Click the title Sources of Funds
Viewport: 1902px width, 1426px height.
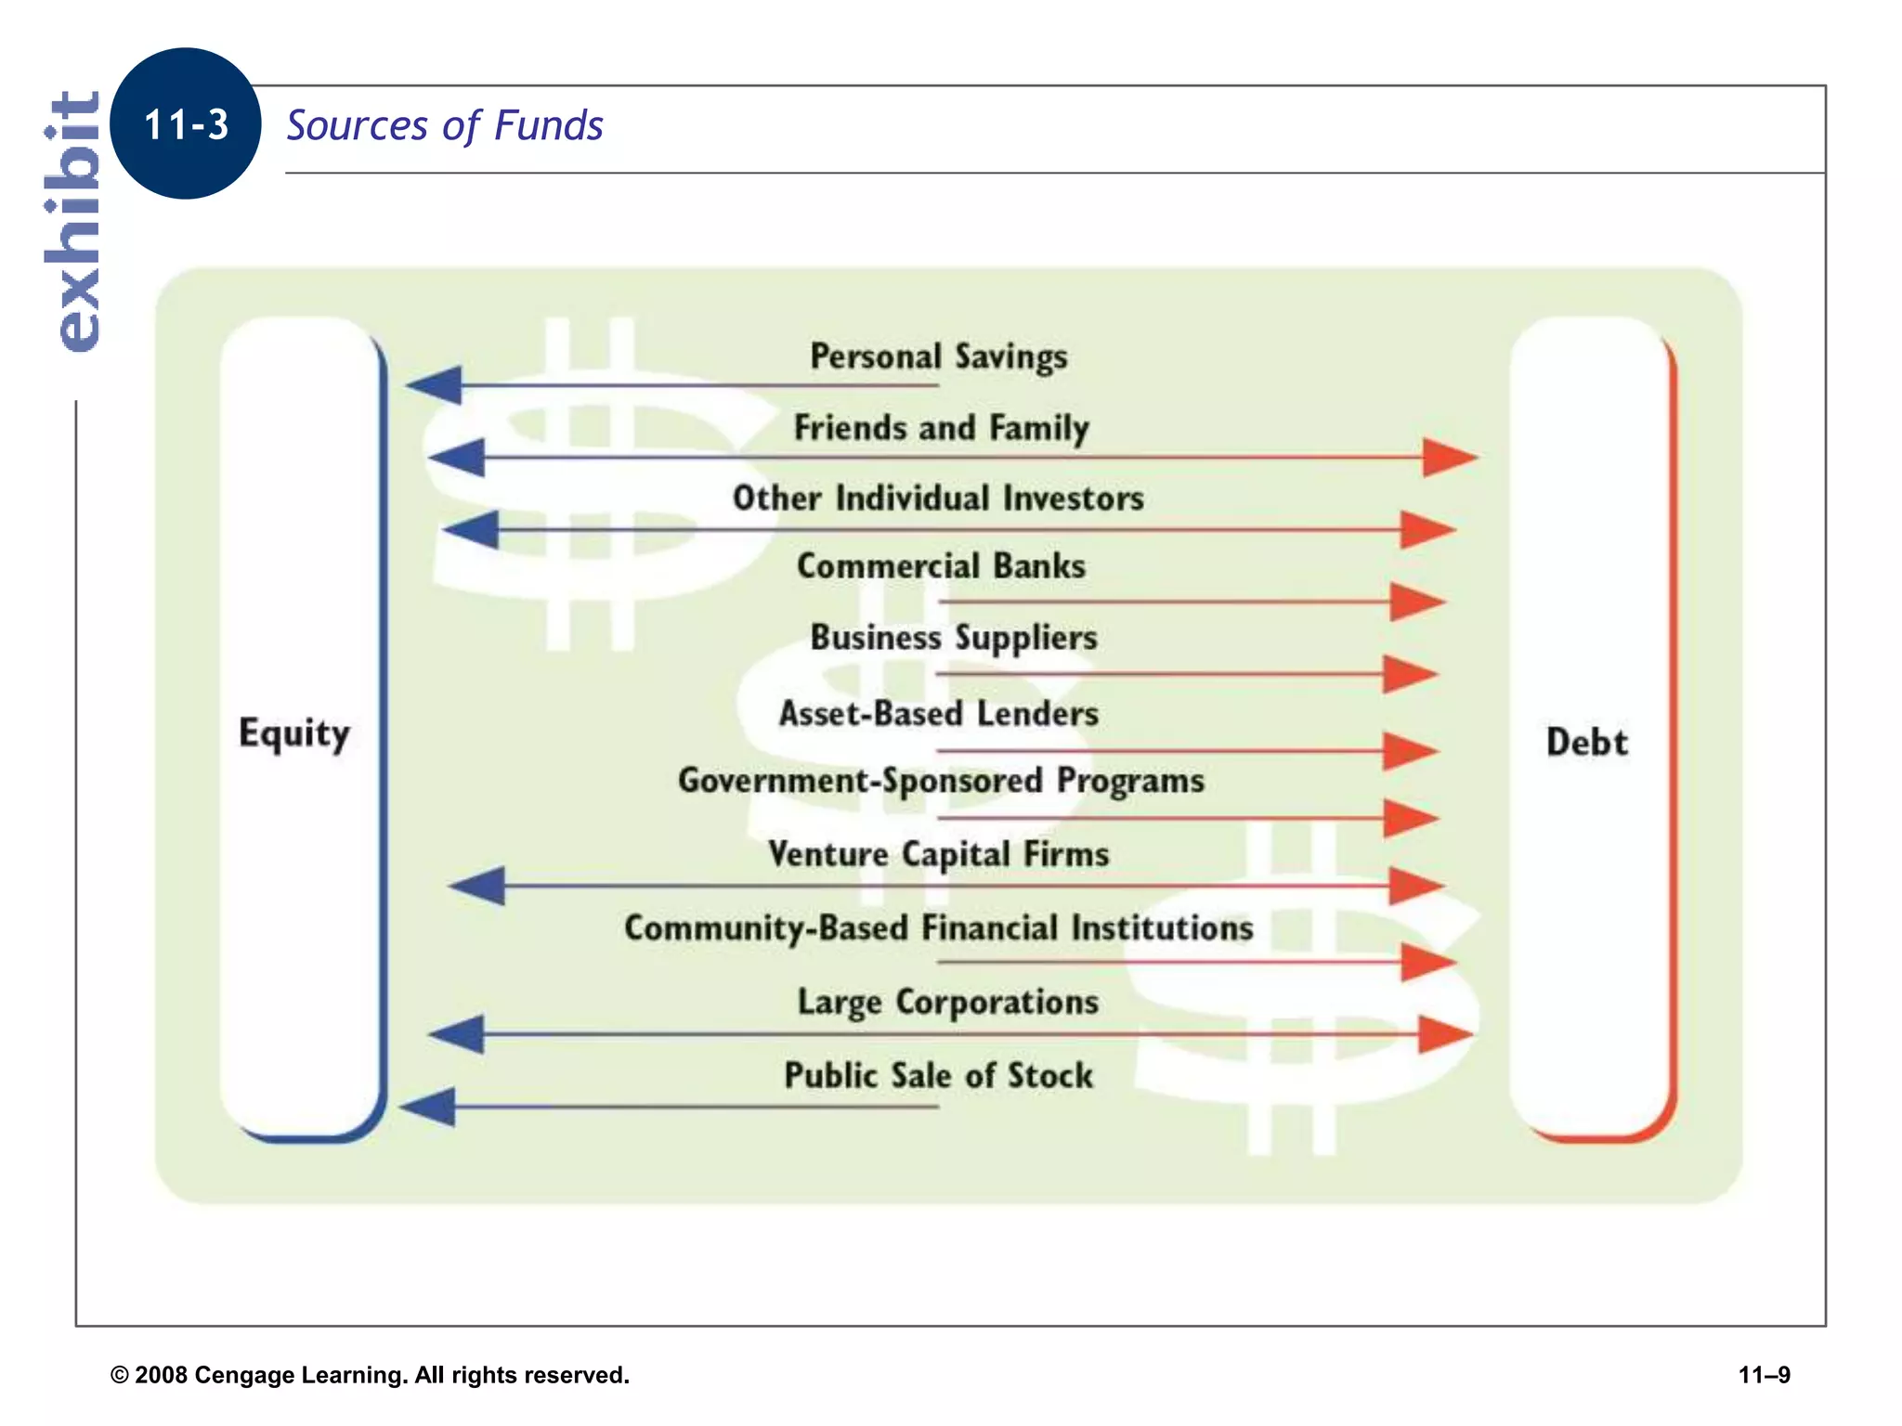pos(444,125)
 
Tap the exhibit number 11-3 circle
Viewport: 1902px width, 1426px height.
pos(186,123)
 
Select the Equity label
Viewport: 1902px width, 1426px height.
pos(293,733)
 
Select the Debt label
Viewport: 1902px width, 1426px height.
pos(1586,743)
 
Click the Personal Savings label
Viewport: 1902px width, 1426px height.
pos(938,356)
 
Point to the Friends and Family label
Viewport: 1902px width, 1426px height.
pos(941,428)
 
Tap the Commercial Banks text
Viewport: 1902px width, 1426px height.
pos(941,566)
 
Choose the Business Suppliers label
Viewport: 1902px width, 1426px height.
pos(954,638)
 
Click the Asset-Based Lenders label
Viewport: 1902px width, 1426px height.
pos(938,714)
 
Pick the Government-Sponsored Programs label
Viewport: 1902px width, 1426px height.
pos(941,781)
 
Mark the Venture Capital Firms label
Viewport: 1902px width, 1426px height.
pos(938,854)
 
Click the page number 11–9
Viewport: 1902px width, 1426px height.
pos(1764,1375)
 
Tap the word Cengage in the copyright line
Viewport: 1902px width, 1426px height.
pos(243,1375)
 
